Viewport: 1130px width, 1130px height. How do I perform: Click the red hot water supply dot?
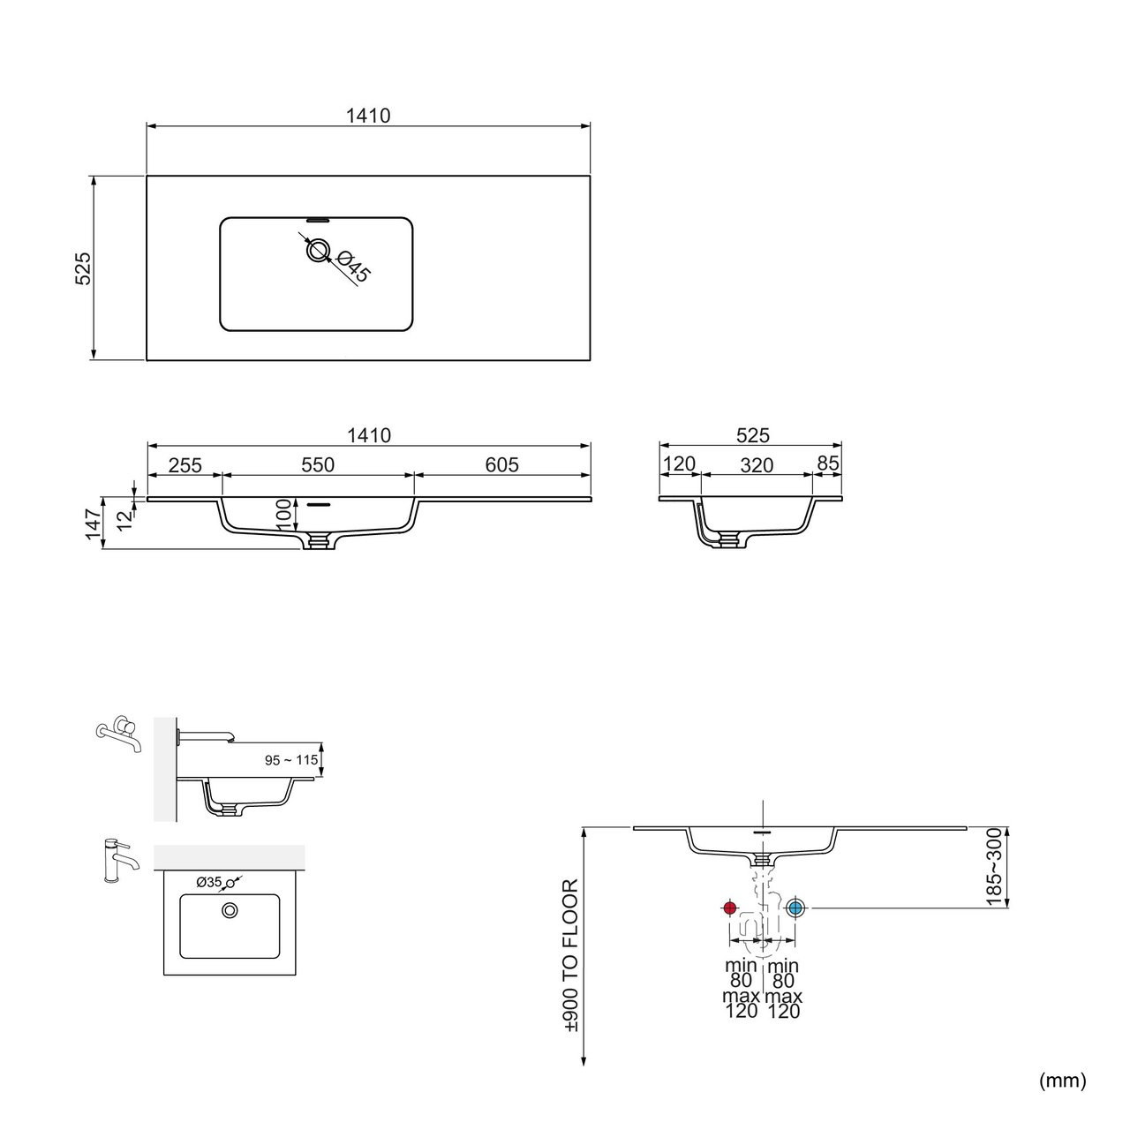(729, 908)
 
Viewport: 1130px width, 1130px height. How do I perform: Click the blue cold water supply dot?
(795, 908)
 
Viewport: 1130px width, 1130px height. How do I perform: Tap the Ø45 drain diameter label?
(355, 267)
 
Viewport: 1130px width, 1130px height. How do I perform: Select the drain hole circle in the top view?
(318, 251)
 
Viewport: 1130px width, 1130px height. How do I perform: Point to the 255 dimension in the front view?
(185, 465)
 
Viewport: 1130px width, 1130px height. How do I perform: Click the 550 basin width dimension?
(318, 464)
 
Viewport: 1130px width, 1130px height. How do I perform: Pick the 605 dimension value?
(502, 464)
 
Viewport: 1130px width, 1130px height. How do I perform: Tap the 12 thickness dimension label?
(124, 521)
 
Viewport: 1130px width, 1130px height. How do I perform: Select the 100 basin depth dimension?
(283, 515)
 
